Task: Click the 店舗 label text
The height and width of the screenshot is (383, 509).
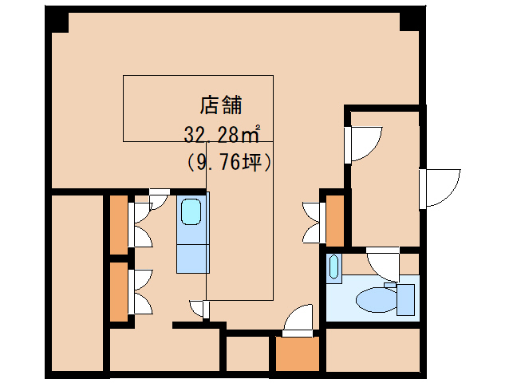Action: (x=221, y=105)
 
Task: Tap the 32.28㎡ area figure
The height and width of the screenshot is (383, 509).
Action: (x=222, y=134)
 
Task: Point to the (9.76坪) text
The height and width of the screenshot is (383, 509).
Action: (x=229, y=161)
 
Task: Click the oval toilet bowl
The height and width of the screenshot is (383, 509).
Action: (x=377, y=299)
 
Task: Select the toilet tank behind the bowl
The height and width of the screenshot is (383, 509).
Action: (x=405, y=299)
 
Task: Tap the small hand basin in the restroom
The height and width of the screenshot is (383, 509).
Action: (x=333, y=267)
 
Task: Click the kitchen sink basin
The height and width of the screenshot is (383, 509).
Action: (x=191, y=211)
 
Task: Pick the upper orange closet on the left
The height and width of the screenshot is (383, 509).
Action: (x=119, y=224)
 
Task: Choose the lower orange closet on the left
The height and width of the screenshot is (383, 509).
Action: (x=119, y=291)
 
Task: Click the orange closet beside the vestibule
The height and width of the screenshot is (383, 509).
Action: (x=335, y=221)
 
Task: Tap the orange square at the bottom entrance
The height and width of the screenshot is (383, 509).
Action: (x=297, y=353)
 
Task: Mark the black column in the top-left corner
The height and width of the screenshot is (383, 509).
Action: (x=57, y=20)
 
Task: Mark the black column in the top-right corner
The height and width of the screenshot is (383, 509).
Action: (x=412, y=19)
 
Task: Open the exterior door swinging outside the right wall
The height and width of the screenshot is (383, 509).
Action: (x=440, y=188)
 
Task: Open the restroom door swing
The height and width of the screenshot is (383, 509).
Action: (x=383, y=264)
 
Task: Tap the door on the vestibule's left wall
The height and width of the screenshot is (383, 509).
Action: (x=363, y=144)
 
